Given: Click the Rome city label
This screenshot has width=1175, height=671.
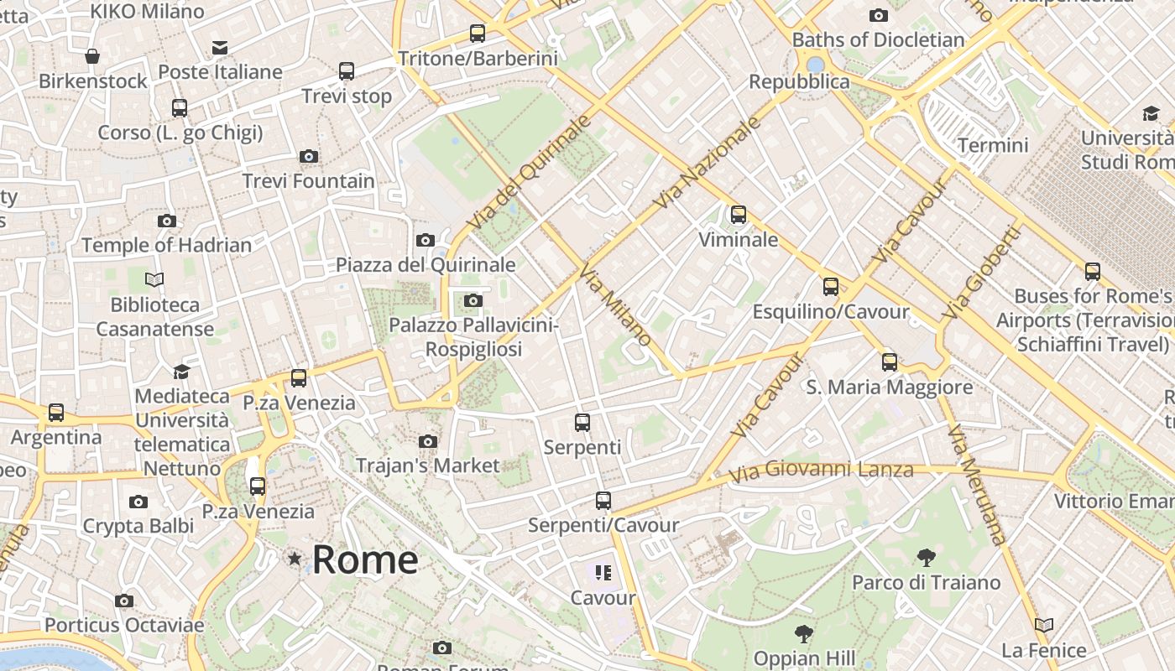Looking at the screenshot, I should (365, 559).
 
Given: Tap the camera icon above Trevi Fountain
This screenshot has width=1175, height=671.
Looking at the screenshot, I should (309, 156).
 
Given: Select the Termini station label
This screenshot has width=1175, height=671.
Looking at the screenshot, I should (993, 145).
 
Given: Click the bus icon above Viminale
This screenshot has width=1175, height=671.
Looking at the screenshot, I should (739, 215).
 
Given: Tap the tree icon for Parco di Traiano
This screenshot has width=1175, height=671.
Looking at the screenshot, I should (927, 558).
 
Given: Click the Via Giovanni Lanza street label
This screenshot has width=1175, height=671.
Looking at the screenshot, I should (820, 471).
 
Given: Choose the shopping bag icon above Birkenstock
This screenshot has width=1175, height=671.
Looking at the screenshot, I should (92, 56).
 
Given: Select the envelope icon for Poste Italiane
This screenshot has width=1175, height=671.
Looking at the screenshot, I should (220, 48).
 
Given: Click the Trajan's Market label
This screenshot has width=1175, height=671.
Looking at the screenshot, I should (427, 466).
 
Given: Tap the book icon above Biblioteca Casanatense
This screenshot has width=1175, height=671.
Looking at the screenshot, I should (154, 279).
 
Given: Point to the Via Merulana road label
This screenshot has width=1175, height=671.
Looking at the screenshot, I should (976, 484).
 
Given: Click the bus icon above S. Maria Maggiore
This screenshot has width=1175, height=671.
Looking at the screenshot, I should (890, 362).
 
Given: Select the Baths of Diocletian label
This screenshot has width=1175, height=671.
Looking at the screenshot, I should (878, 39).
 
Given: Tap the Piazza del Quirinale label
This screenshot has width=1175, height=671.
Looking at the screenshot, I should (426, 265).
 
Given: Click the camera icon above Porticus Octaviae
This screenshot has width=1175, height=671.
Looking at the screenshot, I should (124, 601).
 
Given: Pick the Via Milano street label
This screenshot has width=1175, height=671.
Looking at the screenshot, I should (616, 306).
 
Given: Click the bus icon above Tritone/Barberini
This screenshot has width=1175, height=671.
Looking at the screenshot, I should (478, 34).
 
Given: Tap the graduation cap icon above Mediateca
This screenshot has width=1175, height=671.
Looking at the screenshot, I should (181, 372).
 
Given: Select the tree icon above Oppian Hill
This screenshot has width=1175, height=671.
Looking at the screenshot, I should (804, 633).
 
